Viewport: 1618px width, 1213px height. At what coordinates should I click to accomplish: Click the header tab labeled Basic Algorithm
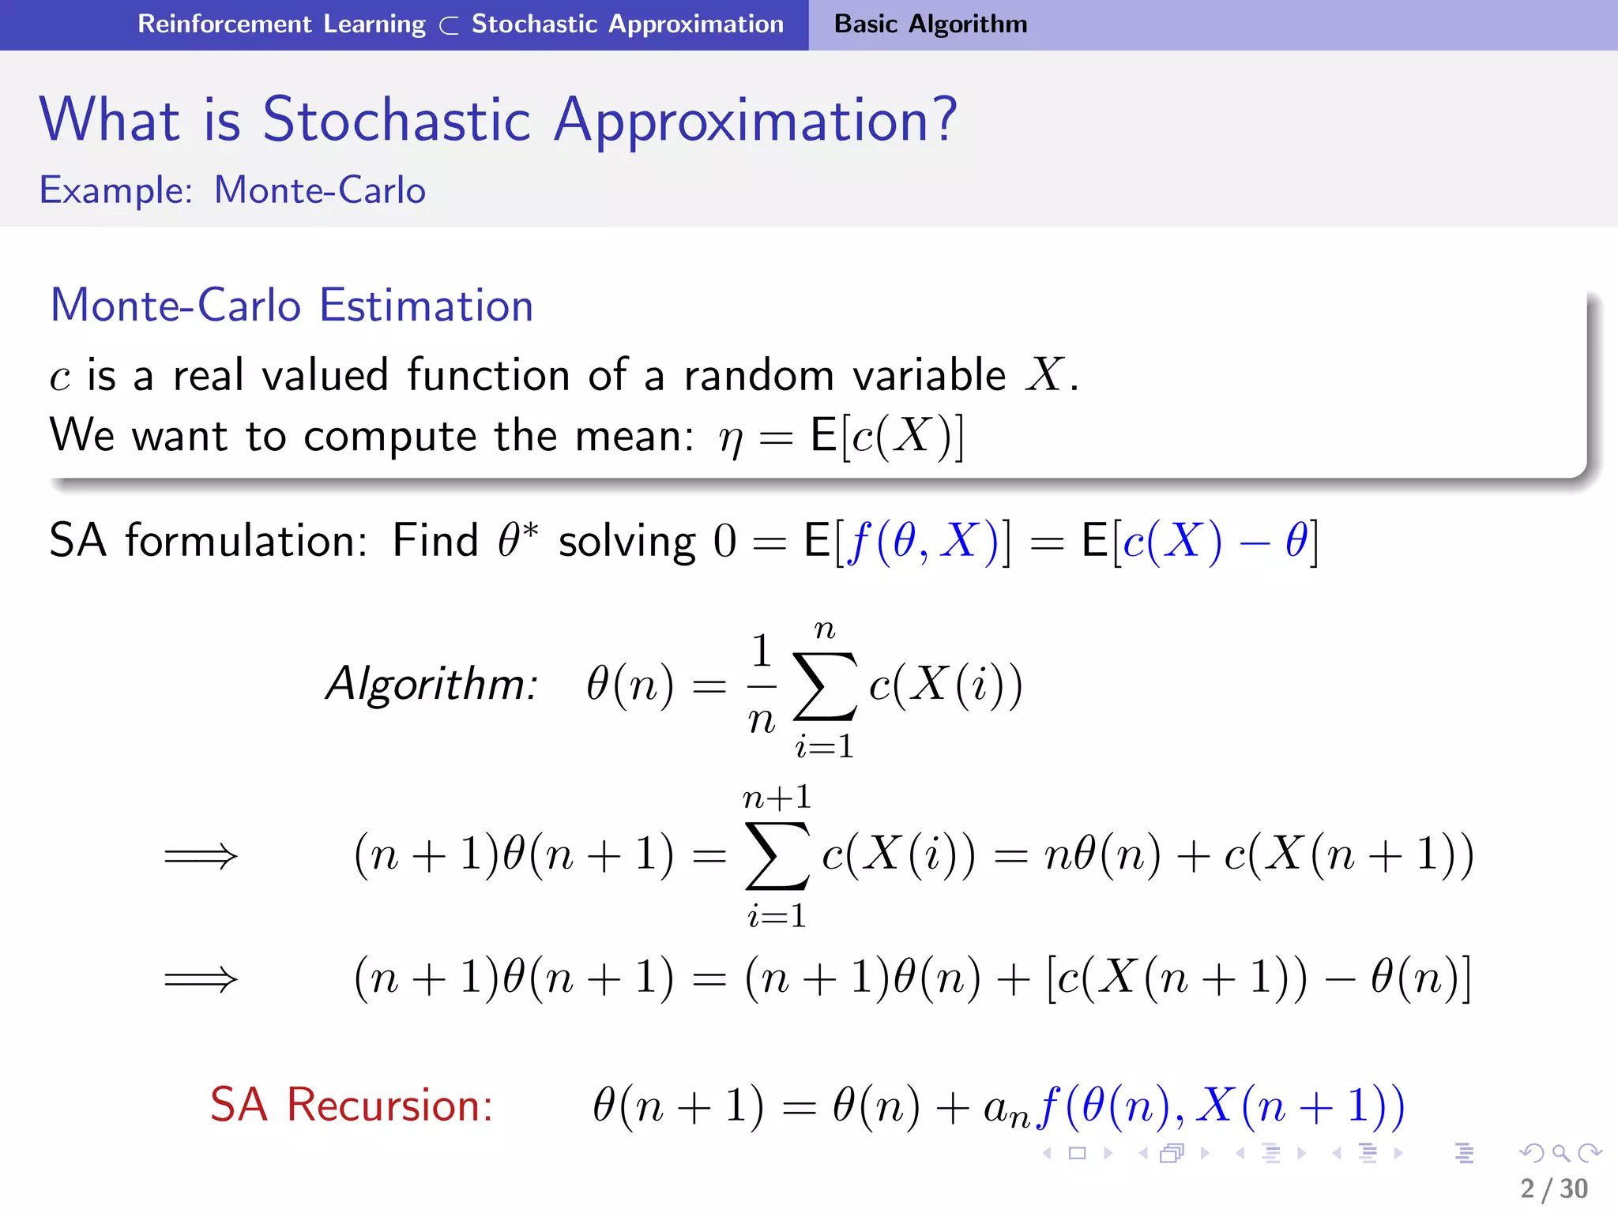(x=930, y=24)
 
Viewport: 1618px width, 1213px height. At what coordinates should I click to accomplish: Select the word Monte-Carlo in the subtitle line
(x=320, y=190)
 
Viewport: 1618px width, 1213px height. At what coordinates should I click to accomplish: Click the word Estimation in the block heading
(x=427, y=306)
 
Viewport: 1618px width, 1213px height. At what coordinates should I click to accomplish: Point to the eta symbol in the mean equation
(x=730, y=438)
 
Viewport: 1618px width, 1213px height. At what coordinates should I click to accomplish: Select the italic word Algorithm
(x=431, y=684)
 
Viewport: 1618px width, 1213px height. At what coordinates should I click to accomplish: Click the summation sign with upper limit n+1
(x=777, y=857)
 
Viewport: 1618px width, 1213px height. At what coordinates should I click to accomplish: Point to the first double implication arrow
(x=201, y=856)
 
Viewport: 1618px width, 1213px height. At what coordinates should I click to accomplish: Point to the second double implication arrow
(x=201, y=980)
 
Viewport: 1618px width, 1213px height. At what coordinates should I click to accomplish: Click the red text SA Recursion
(x=352, y=1105)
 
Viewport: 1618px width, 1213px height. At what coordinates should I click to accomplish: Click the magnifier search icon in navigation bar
(x=1560, y=1153)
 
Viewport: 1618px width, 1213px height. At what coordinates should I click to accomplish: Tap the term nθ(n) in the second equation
(x=1103, y=856)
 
